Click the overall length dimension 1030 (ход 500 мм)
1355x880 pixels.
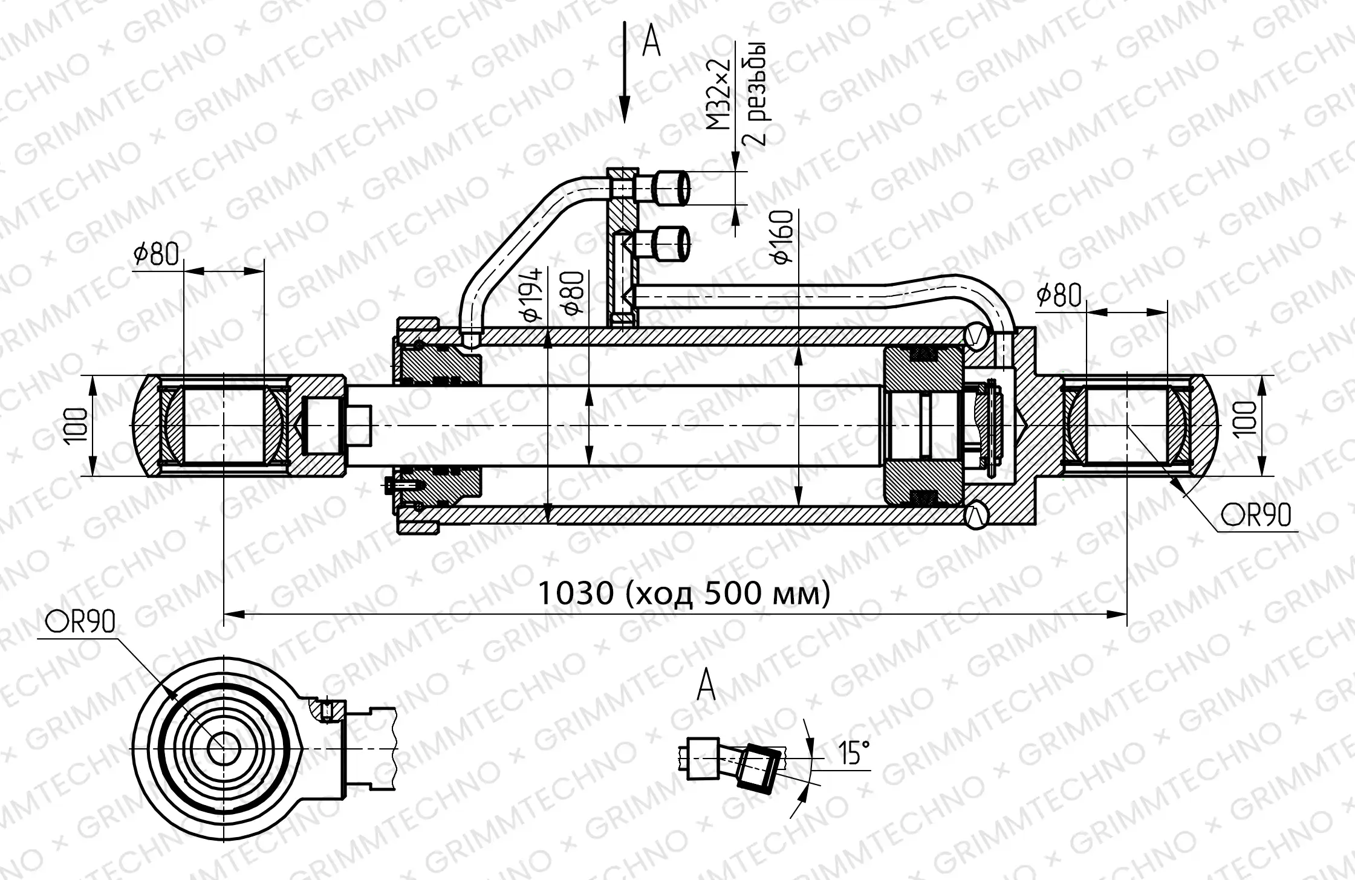pos(684,593)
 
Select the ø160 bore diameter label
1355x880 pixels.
pos(783,237)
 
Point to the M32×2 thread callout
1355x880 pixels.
pos(719,95)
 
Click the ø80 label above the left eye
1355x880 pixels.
pos(157,254)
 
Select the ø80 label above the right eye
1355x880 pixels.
pos(1059,295)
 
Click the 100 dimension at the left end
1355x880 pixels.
pos(77,425)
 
